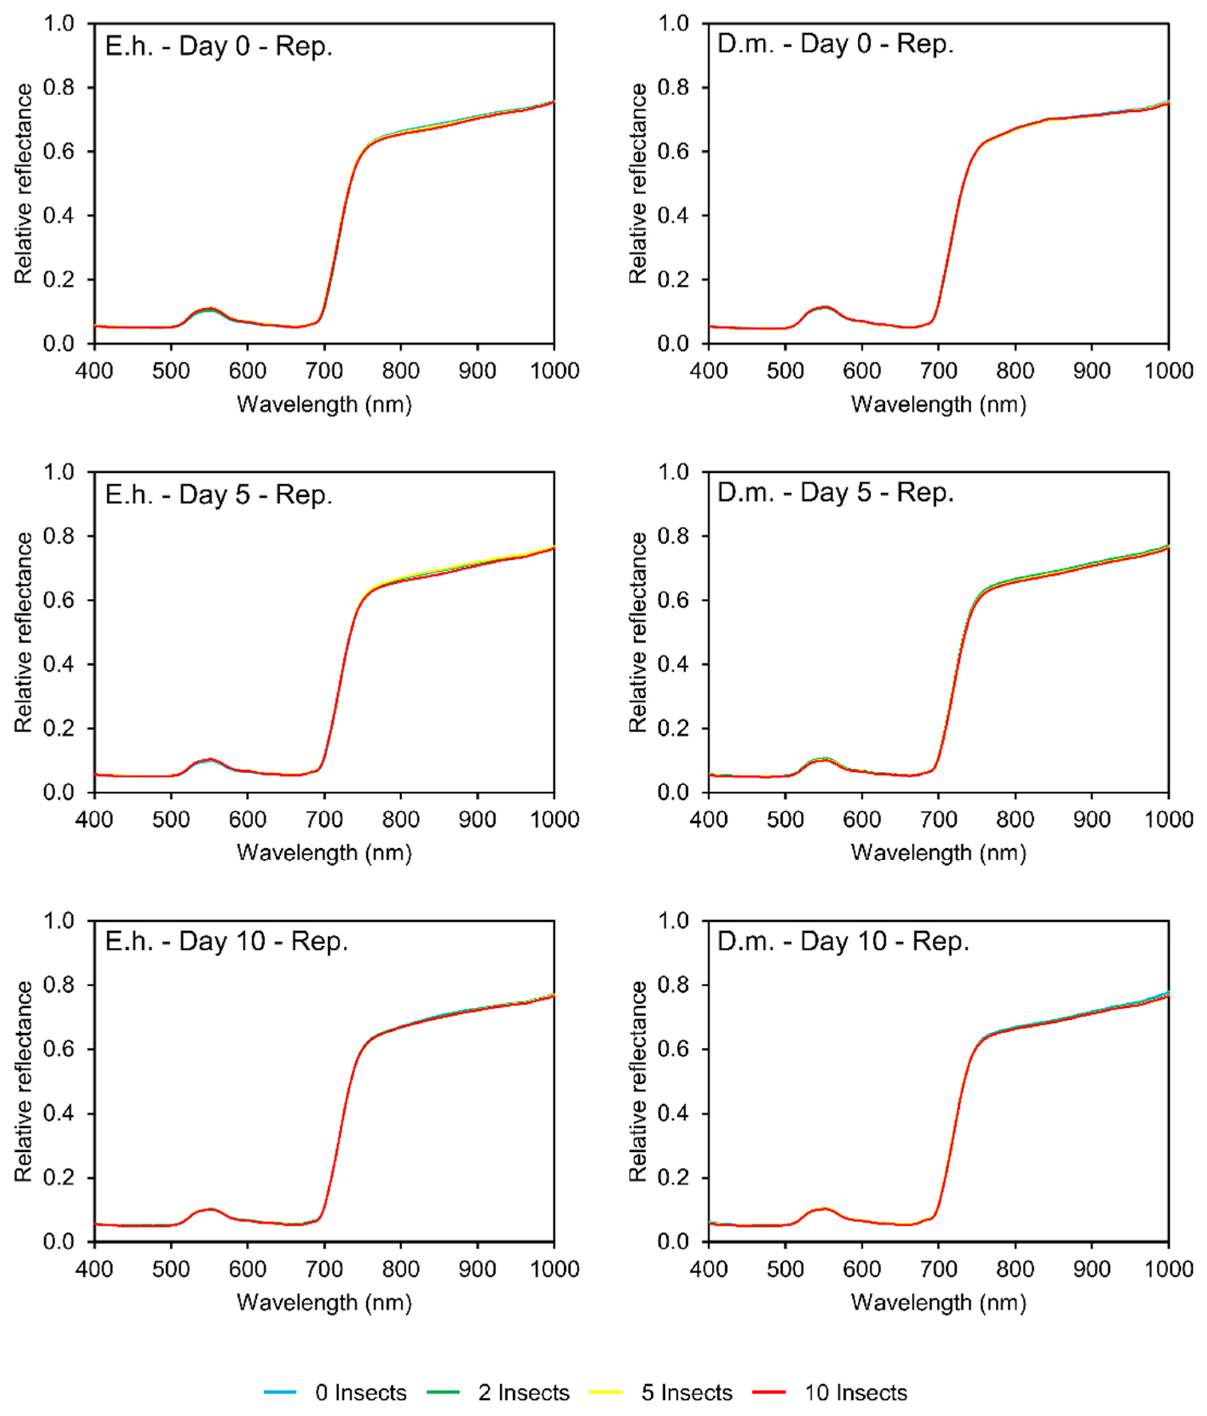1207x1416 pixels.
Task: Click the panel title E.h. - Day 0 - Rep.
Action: click(219, 47)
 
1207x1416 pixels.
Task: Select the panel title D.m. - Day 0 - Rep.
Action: click(835, 44)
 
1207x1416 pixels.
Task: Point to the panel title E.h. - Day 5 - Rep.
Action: click(219, 495)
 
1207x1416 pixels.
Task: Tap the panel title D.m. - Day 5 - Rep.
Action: click(835, 492)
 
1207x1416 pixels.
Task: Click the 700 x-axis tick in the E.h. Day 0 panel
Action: click(324, 371)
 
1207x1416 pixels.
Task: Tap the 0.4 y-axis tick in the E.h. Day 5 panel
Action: click(59, 664)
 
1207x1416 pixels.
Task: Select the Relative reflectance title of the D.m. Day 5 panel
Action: click(638, 632)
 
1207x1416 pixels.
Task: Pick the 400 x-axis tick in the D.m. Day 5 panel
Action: click(709, 819)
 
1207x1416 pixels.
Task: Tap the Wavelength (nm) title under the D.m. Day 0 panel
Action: click(938, 405)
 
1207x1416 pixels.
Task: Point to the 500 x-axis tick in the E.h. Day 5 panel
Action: click(171, 819)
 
